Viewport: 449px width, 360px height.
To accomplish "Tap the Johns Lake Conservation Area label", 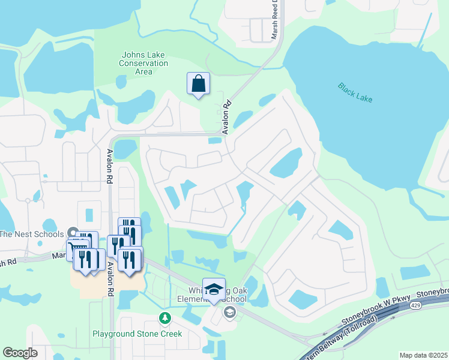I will (143, 63).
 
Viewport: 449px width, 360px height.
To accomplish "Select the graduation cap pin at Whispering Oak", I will (214, 290).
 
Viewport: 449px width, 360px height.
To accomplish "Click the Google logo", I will (20, 353).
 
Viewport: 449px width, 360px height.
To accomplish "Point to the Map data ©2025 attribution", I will (423, 355).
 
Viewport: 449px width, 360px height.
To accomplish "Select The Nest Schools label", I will (31, 233).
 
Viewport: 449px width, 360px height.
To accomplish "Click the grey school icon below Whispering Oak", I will (229, 312).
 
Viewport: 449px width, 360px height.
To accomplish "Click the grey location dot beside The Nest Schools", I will (73, 232).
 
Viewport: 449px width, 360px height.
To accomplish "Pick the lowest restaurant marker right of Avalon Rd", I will (128, 260).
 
